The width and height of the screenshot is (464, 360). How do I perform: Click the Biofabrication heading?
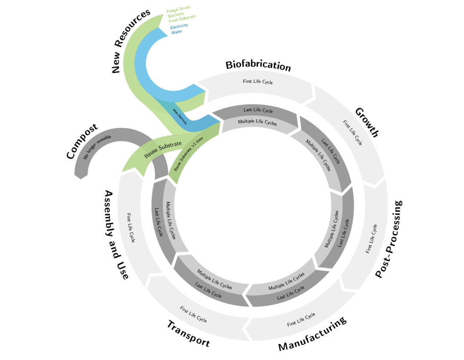258,66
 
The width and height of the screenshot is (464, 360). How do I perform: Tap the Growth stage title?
367,122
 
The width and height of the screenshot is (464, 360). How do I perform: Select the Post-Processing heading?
389,239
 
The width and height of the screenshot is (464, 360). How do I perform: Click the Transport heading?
188,334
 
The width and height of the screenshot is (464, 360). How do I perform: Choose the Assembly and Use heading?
116,235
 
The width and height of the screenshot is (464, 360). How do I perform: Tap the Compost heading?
82,141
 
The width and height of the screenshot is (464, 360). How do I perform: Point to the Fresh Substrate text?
182,18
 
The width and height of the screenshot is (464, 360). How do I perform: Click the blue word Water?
176,32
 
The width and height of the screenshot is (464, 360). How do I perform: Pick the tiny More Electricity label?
180,117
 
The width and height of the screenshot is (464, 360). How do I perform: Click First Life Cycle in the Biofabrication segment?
258,82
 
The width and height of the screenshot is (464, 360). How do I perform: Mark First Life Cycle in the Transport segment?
193,314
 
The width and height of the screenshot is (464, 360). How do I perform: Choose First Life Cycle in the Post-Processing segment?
372,239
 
